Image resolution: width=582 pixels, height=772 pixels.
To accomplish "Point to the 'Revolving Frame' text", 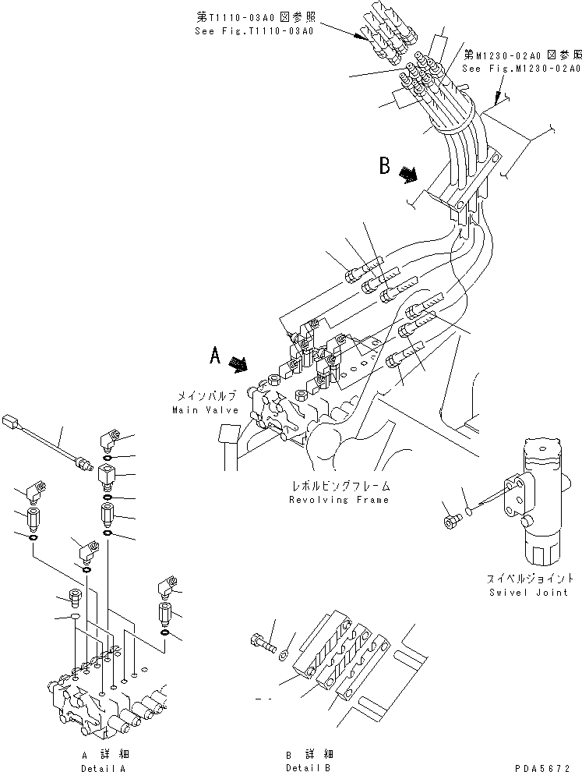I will tap(338, 500).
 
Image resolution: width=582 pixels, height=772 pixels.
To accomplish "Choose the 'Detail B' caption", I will tap(309, 768).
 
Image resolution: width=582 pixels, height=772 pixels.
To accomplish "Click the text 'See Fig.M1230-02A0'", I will tap(521, 69).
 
